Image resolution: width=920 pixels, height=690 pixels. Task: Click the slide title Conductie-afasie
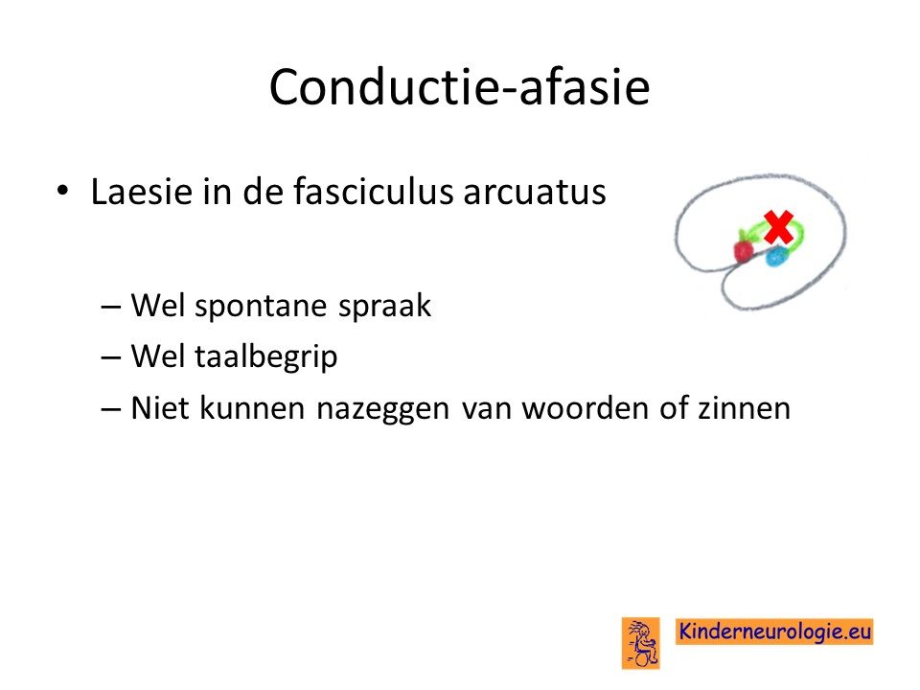pos(459,87)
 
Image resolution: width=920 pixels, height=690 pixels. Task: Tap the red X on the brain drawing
pos(778,228)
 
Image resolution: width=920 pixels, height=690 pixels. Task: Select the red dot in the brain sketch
pos(744,250)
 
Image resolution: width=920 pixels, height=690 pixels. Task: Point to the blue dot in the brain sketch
pos(777,256)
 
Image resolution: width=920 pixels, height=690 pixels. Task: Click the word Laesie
pos(142,192)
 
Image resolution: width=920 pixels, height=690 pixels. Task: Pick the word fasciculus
pos(373,191)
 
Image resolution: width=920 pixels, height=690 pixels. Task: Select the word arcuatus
pos(534,193)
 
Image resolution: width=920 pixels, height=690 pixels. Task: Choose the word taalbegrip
pos(265,357)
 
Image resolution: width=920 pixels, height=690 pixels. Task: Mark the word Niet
pos(158,408)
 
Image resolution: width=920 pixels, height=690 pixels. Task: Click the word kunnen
pos(252,408)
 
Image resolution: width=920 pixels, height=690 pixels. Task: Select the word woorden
pos(585,408)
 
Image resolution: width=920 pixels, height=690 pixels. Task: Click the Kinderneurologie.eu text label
pos(774,632)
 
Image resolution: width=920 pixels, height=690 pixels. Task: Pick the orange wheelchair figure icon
pos(641,643)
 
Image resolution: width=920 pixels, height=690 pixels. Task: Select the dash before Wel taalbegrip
pos(110,357)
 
